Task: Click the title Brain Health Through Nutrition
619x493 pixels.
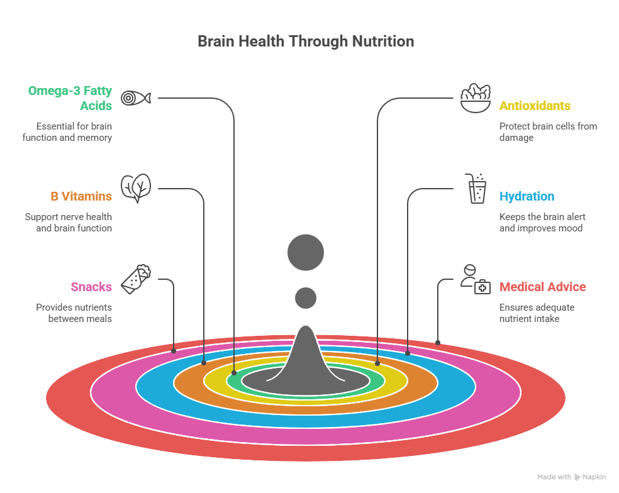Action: (306, 42)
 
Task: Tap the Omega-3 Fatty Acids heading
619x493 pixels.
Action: (70, 98)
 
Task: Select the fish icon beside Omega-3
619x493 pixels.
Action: (136, 98)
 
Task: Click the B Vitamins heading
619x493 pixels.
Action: (81, 196)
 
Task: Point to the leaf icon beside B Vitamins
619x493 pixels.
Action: (136, 188)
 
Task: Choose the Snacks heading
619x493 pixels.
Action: (91, 287)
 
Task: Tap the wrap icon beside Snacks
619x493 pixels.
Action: (136, 279)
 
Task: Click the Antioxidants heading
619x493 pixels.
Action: (535, 106)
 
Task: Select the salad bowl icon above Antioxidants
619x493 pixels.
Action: (475, 98)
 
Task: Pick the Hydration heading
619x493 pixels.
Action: (527, 196)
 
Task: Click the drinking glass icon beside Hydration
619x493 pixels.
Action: (477, 189)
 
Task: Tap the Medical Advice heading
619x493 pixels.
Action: (542, 287)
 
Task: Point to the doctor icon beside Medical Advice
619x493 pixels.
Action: (475, 279)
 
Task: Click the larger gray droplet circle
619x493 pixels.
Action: (306, 253)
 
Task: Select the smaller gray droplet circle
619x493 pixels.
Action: (306, 297)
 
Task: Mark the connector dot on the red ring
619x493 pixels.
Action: (438, 343)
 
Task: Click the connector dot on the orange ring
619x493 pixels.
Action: (204, 363)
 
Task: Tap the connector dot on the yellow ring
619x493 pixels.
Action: (377, 363)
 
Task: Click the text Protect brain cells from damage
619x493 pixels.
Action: (547, 131)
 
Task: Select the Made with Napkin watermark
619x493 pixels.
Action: (571, 477)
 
